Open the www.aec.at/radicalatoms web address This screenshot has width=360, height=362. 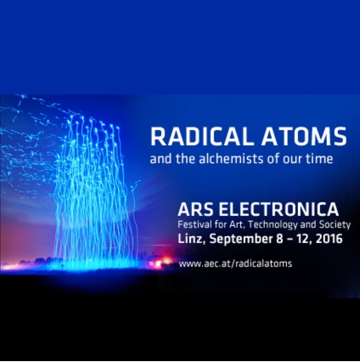pyautogui.click(x=235, y=263)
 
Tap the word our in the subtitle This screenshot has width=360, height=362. pyautogui.click(x=289, y=158)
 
